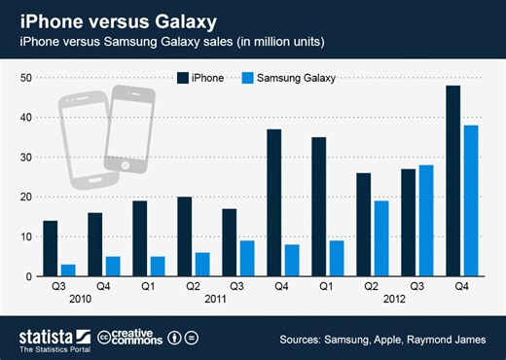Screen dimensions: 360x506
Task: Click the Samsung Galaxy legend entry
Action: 289,77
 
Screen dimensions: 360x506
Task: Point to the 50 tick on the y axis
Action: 25,77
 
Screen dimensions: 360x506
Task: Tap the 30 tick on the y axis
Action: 25,157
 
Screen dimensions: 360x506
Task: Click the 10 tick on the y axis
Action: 25,236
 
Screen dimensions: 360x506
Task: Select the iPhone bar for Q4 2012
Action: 452,181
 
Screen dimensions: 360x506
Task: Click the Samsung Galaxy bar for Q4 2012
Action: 470,200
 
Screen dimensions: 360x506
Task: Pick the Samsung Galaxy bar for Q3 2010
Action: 68,270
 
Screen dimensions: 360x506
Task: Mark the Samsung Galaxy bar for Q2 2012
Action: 381,238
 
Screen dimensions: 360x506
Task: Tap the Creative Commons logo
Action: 126,338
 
